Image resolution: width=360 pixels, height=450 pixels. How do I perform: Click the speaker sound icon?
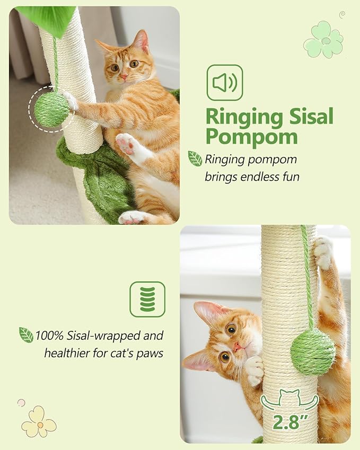224,83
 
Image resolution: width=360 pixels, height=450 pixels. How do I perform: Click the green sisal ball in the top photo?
51,109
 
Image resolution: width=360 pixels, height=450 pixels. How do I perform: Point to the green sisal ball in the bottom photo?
313,351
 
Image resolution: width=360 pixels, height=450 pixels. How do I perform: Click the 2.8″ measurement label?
289,422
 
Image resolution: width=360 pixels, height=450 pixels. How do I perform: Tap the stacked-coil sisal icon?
147,299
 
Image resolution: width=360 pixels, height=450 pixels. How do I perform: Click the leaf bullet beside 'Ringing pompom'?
195,158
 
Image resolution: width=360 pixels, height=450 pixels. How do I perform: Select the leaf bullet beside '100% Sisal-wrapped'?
26,335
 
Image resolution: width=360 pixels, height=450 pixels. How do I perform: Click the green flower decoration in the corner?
323,40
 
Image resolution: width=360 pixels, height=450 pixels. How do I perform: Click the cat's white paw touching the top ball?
69,100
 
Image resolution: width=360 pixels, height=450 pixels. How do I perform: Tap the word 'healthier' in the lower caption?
67,352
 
